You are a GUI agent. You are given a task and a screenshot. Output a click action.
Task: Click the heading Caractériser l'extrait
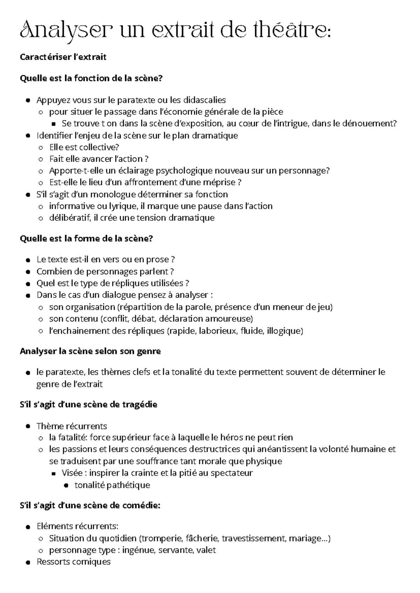pos(63,57)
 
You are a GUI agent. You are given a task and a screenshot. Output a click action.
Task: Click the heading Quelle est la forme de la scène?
pos(86,238)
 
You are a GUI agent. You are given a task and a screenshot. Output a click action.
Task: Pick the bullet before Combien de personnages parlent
pos(28,272)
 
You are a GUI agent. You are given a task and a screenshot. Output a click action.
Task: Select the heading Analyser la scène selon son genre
pos(90,351)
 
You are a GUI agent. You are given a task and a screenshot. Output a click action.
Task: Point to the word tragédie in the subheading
pos(139,405)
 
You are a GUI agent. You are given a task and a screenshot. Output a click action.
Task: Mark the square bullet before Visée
pos(53,474)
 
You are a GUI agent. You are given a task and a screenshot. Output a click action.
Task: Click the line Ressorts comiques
pos(73,562)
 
